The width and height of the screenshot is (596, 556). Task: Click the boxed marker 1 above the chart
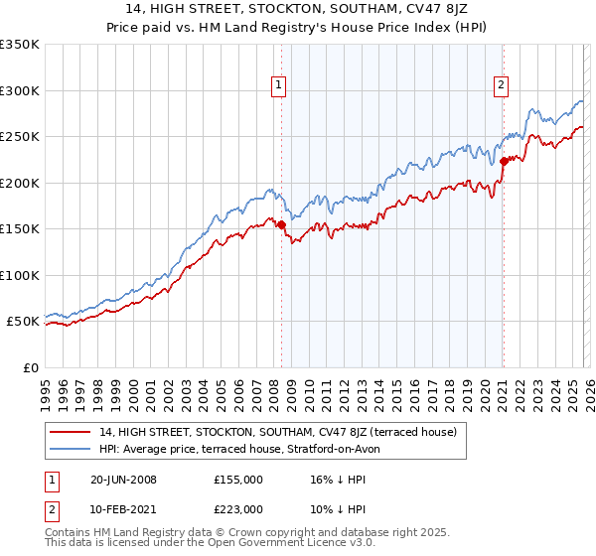coord(280,86)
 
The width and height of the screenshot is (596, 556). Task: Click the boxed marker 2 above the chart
coord(503,86)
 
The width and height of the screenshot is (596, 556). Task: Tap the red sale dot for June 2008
coord(281,225)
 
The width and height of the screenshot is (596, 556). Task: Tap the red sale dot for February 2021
coord(504,160)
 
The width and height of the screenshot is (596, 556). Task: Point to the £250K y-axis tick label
coord(20,137)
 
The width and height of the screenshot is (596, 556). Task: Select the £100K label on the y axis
coord(20,275)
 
